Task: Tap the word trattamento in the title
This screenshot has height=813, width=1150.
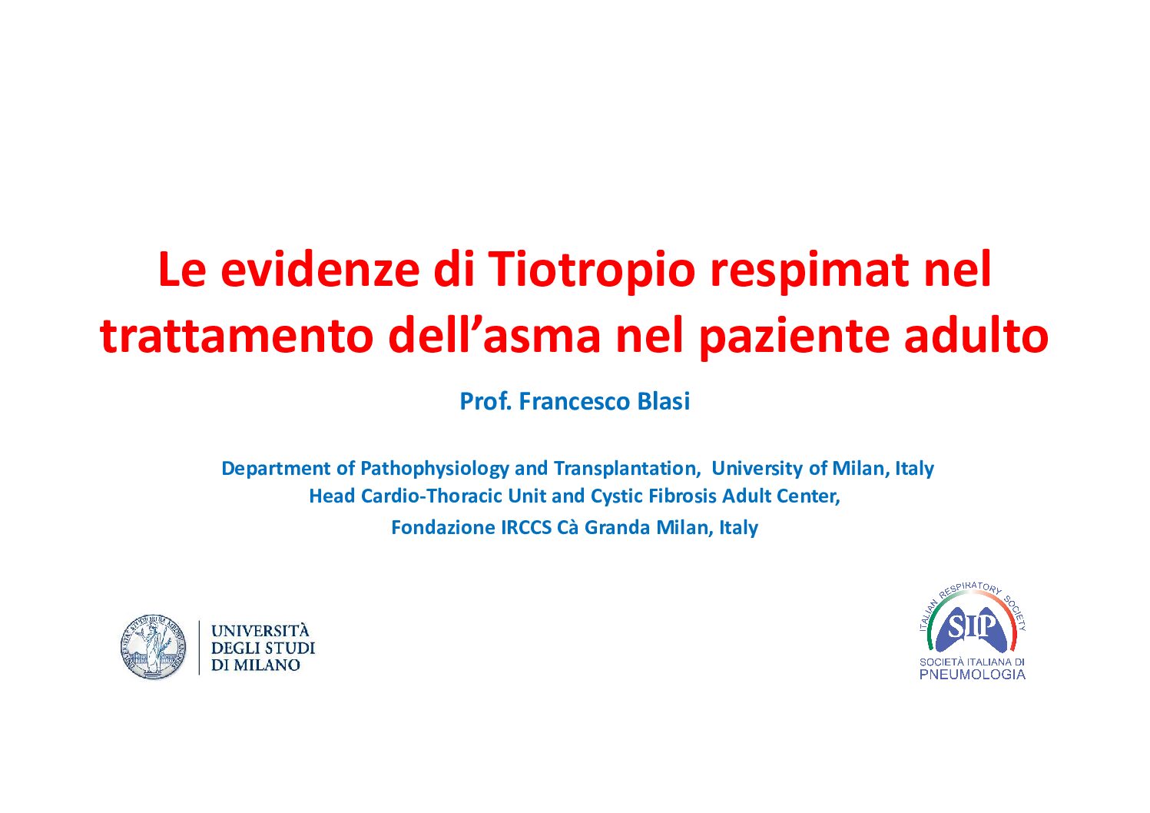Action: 236,336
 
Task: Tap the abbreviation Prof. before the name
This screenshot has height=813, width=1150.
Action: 486,401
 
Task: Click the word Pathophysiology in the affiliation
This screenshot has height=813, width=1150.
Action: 434,469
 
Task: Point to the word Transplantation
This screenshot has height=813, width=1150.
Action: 628,469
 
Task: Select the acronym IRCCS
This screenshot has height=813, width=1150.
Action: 525,528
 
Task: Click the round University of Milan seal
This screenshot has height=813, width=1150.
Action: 154,646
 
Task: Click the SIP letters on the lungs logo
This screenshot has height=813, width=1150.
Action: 973,626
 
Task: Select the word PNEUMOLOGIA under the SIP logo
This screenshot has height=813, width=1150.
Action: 973,675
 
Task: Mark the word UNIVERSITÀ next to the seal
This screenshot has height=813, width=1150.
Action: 260,630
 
